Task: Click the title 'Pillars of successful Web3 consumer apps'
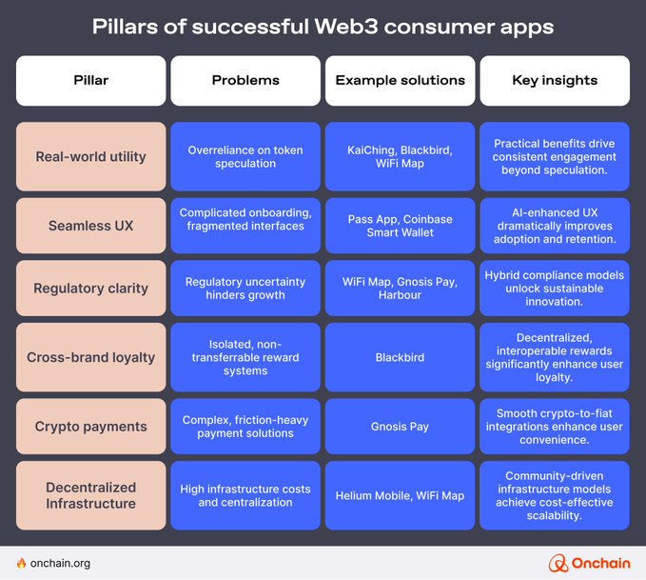click(x=323, y=26)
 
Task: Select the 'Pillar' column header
click(x=90, y=80)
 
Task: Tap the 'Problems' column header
click(x=245, y=80)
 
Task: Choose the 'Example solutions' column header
click(x=400, y=80)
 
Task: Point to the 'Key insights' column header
click(x=554, y=80)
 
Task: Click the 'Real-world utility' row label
click(x=90, y=156)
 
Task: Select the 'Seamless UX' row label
click(x=90, y=226)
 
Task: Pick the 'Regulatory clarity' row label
click(x=90, y=288)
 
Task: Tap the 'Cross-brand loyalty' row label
click(x=90, y=357)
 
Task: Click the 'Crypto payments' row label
click(x=90, y=426)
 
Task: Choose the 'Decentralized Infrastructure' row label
click(x=90, y=495)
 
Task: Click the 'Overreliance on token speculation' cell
click(x=245, y=156)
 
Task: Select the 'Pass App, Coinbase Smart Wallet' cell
click(x=400, y=226)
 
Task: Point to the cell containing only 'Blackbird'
click(x=400, y=357)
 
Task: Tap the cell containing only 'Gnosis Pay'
click(x=400, y=426)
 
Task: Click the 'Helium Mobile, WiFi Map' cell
click(x=400, y=495)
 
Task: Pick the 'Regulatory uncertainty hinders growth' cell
click(x=245, y=288)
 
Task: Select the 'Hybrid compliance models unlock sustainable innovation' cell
click(x=554, y=288)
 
